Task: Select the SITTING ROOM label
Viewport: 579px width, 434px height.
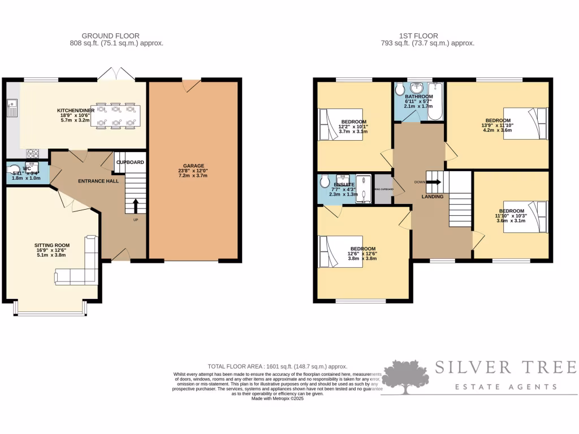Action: tap(50, 246)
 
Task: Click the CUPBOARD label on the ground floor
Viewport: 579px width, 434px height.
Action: tap(130, 162)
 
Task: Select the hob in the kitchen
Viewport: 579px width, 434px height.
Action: tap(32, 153)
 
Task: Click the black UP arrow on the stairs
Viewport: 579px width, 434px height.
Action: tap(135, 205)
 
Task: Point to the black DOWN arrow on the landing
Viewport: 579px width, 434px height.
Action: tap(434, 182)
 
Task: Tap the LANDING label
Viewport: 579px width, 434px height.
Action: tap(433, 196)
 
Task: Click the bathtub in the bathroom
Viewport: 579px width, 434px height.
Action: tap(434, 102)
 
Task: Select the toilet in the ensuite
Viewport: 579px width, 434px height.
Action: tap(324, 181)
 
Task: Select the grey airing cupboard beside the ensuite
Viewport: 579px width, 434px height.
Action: tap(383, 189)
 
